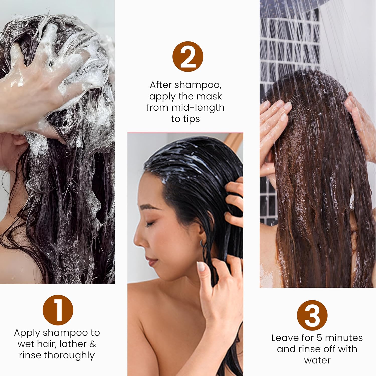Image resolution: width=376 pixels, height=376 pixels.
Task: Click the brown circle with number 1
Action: [x=58, y=310]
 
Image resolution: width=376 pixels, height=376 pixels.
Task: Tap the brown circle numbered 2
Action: [x=188, y=57]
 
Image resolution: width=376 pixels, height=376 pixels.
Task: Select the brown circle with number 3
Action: [x=312, y=315]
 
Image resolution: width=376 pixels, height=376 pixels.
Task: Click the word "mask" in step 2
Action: [x=209, y=96]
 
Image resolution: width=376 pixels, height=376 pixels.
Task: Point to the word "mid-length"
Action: [x=198, y=108]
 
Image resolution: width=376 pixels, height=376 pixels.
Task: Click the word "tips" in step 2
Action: [x=193, y=119]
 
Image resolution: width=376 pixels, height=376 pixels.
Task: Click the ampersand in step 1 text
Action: [x=93, y=344]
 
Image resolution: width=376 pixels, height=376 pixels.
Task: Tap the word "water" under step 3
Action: [x=317, y=360]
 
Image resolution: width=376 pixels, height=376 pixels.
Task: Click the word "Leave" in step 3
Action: [x=285, y=338]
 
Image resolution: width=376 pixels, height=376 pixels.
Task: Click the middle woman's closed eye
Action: [x=150, y=223]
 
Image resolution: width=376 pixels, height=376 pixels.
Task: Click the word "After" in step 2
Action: [x=161, y=85]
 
